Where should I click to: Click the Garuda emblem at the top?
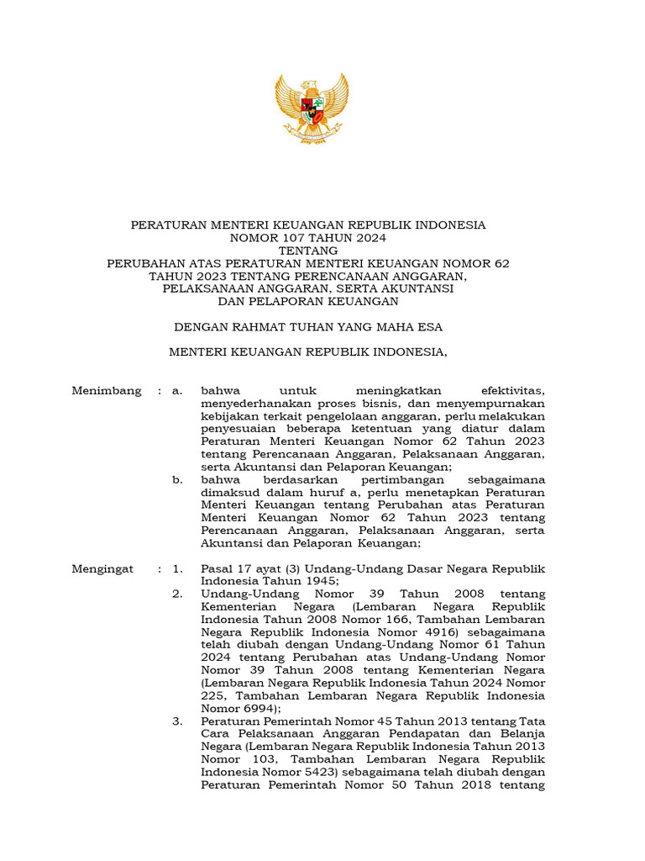[x=312, y=108]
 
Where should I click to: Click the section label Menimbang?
[x=107, y=391]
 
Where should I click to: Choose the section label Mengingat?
[x=102, y=569]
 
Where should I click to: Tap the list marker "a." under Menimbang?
[x=177, y=391]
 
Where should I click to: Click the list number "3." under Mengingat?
[x=178, y=721]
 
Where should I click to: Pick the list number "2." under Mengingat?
[x=178, y=594]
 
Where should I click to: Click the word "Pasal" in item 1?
[x=218, y=569]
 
